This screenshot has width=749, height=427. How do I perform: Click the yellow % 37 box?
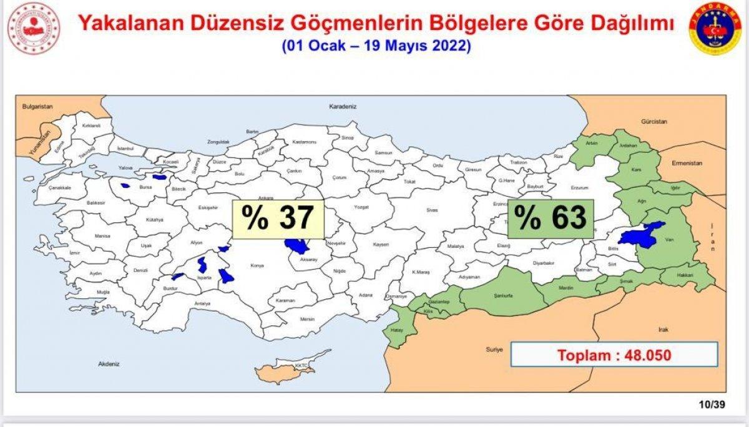tap(278, 219)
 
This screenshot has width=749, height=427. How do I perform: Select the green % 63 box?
tap(551, 219)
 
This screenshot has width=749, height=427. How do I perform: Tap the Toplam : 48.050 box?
tap(614, 355)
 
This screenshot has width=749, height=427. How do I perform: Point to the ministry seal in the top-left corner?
tap(33, 29)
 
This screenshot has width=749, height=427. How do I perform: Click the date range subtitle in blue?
tap(376, 46)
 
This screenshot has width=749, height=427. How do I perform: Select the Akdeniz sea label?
tap(109, 363)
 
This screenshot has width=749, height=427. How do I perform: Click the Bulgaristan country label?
tap(38, 107)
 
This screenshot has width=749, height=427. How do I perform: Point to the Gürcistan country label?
tap(654, 120)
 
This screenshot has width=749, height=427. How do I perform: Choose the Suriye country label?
tap(494, 350)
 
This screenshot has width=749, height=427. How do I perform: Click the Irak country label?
tap(663, 328)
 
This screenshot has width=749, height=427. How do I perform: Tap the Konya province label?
tap(257, 265)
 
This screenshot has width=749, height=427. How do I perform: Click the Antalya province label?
tap(202, 303)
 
